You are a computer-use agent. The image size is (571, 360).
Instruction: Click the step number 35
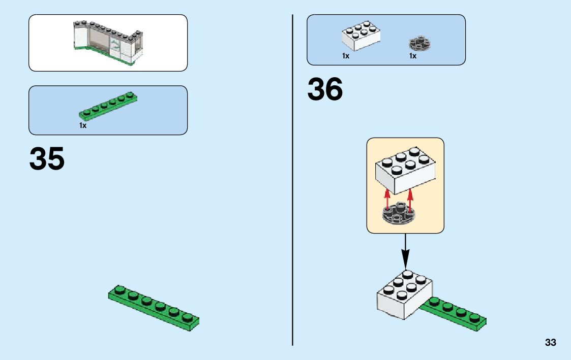pyautogui.click(x=47, y=158)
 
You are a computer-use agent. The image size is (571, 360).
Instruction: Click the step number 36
pyautogui.click(x=325, y=90)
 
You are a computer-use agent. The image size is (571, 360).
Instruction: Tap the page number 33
pyautogui.click(x=550, y=342)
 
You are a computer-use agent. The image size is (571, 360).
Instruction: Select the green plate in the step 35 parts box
pyautogui.click(x=108, y=106)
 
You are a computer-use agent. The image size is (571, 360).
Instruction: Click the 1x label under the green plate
pyautogui.click(x=83, y=125)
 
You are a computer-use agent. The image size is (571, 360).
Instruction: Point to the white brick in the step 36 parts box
pyautogui.click(x=362, y=36)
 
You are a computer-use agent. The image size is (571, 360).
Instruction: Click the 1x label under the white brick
pyautogui.click(x=346, y=56)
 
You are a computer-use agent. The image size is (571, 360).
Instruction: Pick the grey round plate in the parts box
pyautogui.click(x=419, y=44)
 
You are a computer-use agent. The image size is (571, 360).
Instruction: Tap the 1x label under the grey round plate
pyautogui.click(x=413, y=56)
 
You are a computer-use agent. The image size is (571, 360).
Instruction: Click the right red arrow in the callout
pyautogui.click(x=410, y=199)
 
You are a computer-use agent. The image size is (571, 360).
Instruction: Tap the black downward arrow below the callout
pyautogui.click(x=405, y=251)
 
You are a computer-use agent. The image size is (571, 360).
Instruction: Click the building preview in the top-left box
pyautogui.click(x=108, y=43)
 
